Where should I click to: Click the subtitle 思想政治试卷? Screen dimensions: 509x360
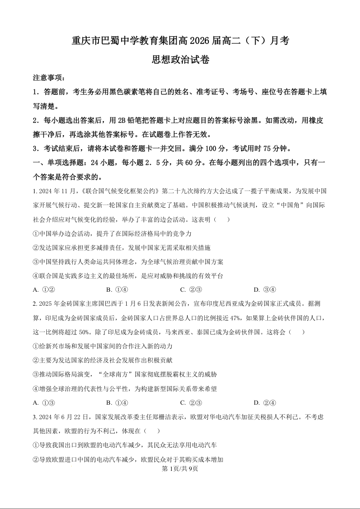point(180,59)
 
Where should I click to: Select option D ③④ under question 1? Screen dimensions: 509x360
point(265,290)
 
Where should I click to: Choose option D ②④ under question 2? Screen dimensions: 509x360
point(265,403)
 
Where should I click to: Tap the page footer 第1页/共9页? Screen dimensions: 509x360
point(180,469)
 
